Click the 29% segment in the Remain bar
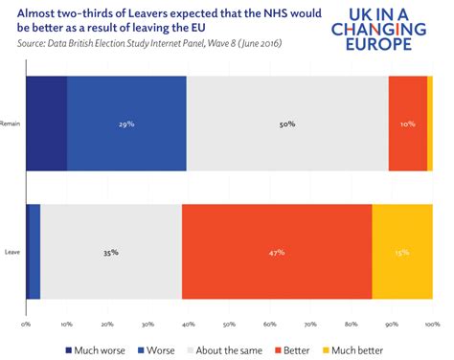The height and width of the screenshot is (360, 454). pos(126,124)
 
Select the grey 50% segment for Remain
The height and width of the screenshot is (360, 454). pos(287,124)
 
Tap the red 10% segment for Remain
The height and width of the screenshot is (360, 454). pos(408,124)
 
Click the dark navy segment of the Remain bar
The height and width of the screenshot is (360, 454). pos(46,124)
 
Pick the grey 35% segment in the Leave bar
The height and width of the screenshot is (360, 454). pos(111,252)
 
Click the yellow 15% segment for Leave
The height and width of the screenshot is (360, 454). pos(401,252)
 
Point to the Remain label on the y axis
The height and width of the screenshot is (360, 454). pos(11,124)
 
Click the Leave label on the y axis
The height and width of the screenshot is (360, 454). pos(13,253)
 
